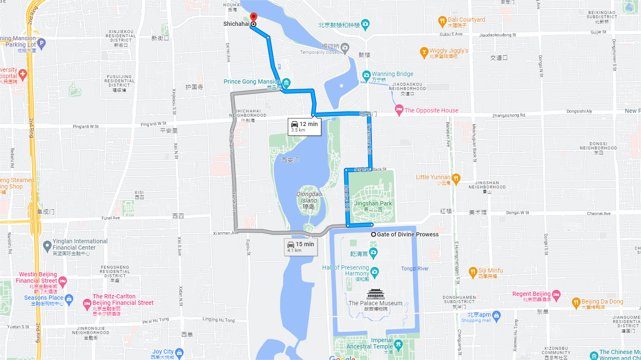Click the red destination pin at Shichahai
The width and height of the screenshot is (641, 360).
tap(253, 17)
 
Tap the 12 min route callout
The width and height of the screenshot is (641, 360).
tap(304, 127)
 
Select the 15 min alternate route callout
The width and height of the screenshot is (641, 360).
tap(301, 246)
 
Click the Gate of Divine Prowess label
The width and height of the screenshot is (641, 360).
tap(408, 234)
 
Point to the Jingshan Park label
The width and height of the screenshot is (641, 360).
tap(373, 204)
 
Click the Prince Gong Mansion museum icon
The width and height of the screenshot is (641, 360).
tap(286, 82)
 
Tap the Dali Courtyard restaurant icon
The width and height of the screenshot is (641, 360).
tap(442, 21)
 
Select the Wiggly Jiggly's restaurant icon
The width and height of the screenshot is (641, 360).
tap(424, 52)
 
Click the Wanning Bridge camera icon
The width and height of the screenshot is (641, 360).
tap(366, 76)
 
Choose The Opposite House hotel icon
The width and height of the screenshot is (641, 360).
tap(399, 110)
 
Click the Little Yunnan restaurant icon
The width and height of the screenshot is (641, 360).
tap(456, 178)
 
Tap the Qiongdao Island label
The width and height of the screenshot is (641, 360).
tap(309, 197)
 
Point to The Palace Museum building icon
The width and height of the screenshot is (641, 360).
tap(376, 294)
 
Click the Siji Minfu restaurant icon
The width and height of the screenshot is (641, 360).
tap(473, 272)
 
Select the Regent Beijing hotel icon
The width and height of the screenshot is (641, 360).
tap(556, 294)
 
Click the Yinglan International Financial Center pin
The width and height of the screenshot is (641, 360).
tap(47, 245)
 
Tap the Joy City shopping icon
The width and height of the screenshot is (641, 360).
tap(179, 352)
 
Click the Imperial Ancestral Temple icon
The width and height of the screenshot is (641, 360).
tap(398, 344)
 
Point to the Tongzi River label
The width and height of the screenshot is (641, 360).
tap(415, 269)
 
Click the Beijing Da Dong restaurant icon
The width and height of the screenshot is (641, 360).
tap(576, 302)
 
